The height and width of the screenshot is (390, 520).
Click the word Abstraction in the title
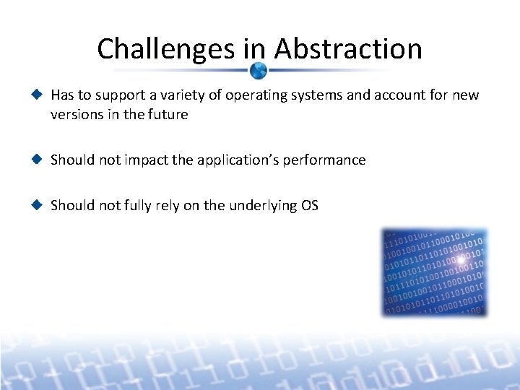click(347, 49)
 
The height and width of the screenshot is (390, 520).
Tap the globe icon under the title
click(259, 71)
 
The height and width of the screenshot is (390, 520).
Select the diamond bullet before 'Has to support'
click(38, 95)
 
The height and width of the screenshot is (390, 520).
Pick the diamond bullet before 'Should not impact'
click(38, 160)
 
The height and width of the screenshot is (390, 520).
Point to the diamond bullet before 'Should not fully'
click(38, 205)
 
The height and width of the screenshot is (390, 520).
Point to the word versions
click(74, 114)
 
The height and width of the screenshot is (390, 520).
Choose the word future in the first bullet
click(167, 114)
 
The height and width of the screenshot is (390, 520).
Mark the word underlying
click(261, 205)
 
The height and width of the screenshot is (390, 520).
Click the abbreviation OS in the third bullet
click(309, 205)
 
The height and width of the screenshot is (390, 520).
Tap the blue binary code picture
click(435, 272)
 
